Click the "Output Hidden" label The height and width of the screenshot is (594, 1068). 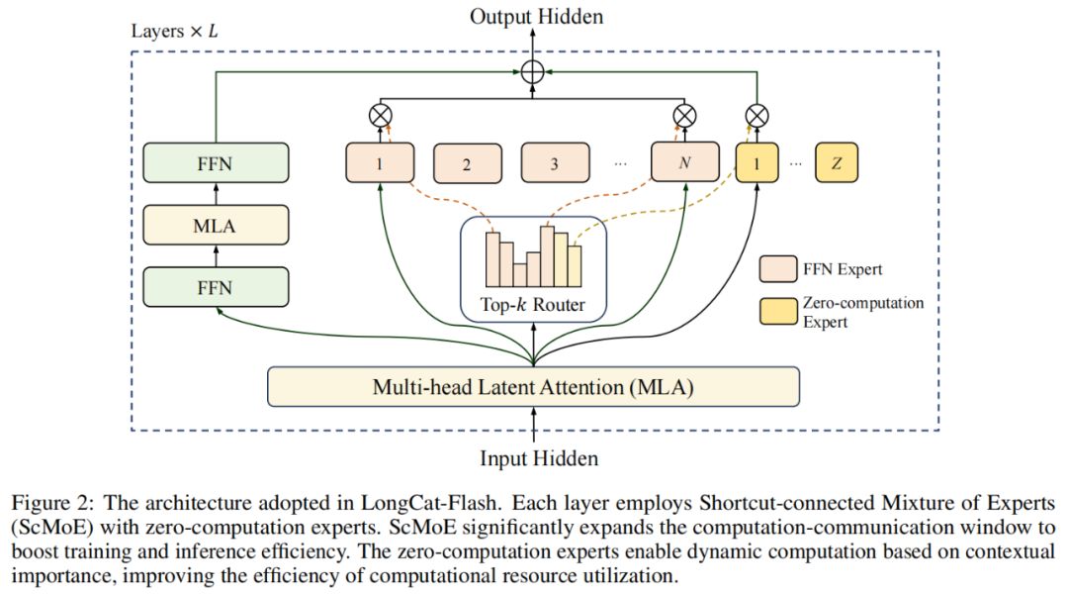536,16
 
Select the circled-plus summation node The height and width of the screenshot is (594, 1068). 535,71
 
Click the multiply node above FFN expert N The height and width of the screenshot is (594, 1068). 682,116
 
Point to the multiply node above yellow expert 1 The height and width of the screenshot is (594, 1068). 756,116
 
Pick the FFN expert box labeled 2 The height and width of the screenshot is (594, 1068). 467,163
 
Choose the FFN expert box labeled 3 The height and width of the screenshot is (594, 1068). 554,163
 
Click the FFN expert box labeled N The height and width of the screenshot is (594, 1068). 682,163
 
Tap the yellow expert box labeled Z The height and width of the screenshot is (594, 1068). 837,162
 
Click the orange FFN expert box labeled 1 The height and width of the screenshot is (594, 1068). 379,163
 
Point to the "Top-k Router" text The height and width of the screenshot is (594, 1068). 535,304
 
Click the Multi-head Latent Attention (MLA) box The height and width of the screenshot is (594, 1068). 533,386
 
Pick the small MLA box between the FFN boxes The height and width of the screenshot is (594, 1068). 215,225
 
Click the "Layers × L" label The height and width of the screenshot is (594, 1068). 175,31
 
